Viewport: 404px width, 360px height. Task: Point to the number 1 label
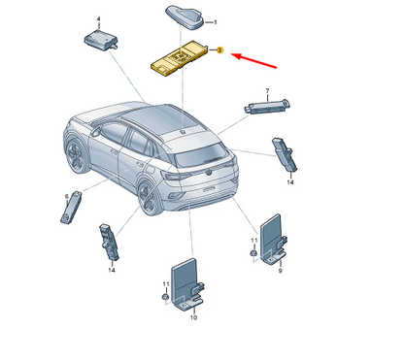click(x=216, y=21)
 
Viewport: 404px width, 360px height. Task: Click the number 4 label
click(x=98, y=19)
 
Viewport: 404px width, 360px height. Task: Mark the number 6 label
click(x=67, y=196)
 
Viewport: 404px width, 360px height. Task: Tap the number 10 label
click(x=192, y=317)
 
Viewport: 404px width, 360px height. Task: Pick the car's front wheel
click(x=75, y=154)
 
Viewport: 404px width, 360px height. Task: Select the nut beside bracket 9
click(x=252, y=254)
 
